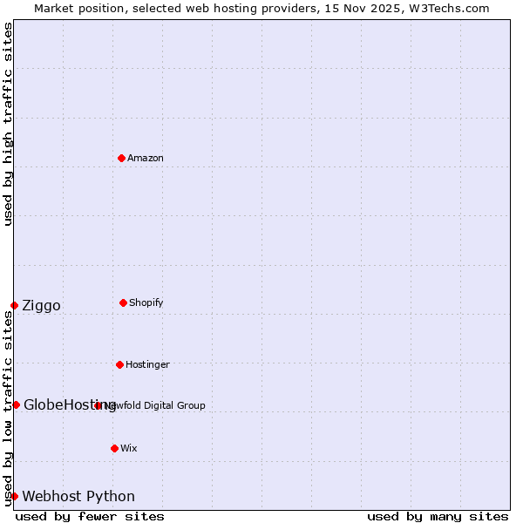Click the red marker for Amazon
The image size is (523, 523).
pyautogui.click(x=121, y=158)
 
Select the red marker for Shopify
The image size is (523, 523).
pyautogui.click(x=123, y=302)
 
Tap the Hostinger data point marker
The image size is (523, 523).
pyautogui.click(x=119, y=364)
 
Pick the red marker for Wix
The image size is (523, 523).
pyautogui.click(x=114, y=448)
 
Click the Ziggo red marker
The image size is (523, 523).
pyautogui.click(x=14, y=305)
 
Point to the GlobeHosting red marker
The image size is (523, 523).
pyautogui.click(x=16, y=404)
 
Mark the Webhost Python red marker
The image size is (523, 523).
pyautogui.click(x=14, y=496)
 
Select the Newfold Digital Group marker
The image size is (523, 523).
pyautogui.click(x=98, y=405)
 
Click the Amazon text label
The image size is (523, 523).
pyautogui.click(x=146, y=158)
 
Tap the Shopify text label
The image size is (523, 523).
pyautogui.click(x=146, y=302)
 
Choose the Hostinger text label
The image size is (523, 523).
pyautogui.click(x=147, y=364)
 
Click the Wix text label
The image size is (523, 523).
pyautogui.click(x=129, y=448)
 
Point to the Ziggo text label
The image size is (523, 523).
pyautogui.click(x=41, y=305)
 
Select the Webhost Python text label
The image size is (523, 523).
pyautogui.click(x=78, y=496)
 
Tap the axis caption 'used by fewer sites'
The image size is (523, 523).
pyautogui.click(x=90, y=516)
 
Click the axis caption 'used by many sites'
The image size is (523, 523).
pyautogui.click(x=438, y=516)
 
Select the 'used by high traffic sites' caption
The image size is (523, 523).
pyautogui.click(x=8, y=124)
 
